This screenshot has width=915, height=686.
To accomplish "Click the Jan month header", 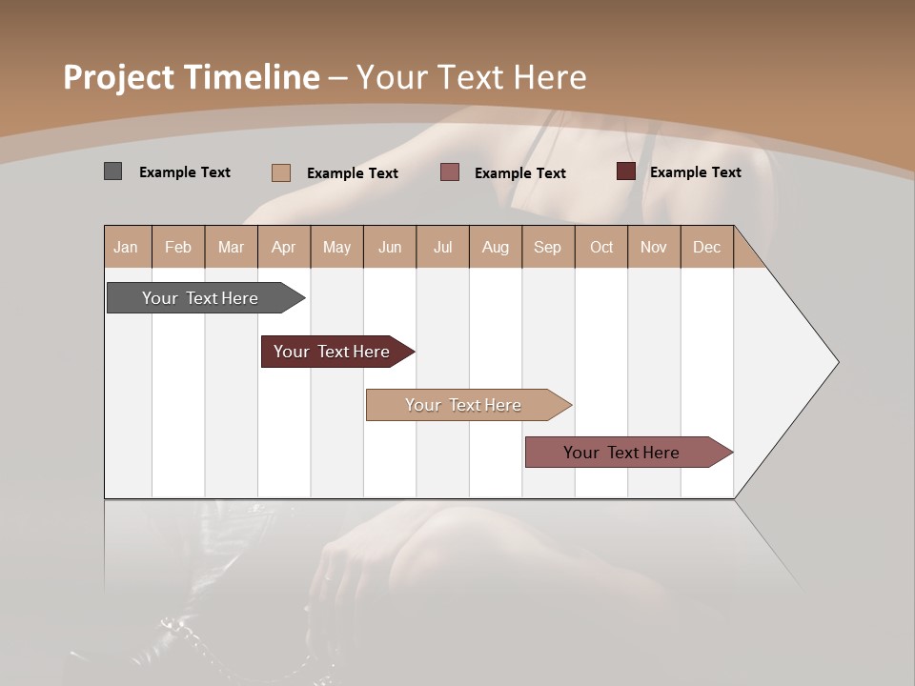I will click(127, 247).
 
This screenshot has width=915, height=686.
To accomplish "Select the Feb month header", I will click(178, 247).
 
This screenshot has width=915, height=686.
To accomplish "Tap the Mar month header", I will click(231, 247).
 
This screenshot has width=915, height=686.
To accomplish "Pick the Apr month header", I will click(284, 247).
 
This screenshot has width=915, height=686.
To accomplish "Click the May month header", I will click(336, 247).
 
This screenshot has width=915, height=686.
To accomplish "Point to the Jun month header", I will click(390, 247).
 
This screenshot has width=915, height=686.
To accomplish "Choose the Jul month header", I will click(442, 247).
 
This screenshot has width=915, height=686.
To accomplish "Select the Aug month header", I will click(496, 247).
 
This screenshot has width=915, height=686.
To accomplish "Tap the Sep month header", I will click(548, 247).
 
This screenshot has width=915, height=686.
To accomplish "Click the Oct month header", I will click(601, 247).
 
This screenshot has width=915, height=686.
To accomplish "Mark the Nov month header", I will click(654, 247).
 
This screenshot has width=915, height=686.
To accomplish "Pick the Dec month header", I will click(707, 247).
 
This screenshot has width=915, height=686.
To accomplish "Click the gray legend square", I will click(112, 171).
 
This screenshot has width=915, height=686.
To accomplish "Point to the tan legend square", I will click(281, 172).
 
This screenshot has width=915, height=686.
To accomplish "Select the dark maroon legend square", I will click(625, 171).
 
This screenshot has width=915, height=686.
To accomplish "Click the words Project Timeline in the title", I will click(192, 77).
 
